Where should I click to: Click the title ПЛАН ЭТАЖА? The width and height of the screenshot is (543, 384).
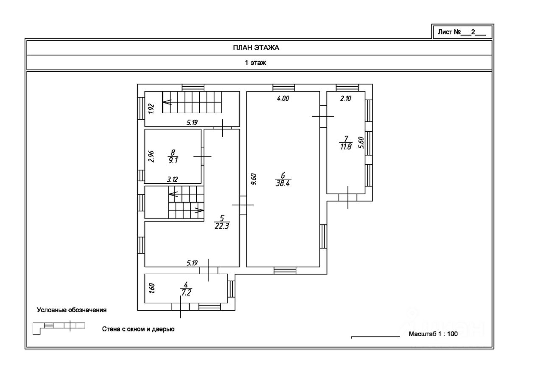(x=256, y=48)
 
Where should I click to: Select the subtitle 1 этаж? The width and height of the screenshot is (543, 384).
(x=255, y=63)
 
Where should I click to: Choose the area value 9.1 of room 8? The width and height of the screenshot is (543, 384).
(x=173, y=161)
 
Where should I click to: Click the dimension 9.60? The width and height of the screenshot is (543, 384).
(x=253, y=179)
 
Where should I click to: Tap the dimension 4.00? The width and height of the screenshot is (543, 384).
(x=283, y=99)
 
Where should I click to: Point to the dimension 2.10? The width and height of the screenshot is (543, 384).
(x=347, y=99)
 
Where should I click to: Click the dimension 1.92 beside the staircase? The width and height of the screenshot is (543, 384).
(x=150, y=109)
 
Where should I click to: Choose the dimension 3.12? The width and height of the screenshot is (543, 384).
(x=173, y=179)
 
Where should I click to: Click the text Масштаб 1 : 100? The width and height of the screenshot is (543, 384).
(x=433, y=334)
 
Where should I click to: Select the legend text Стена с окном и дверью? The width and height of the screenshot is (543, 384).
(x=138, y=329)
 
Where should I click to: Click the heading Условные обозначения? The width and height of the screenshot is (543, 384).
(x=72, y=310)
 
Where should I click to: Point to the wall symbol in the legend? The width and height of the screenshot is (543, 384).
(x=59, y=327)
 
